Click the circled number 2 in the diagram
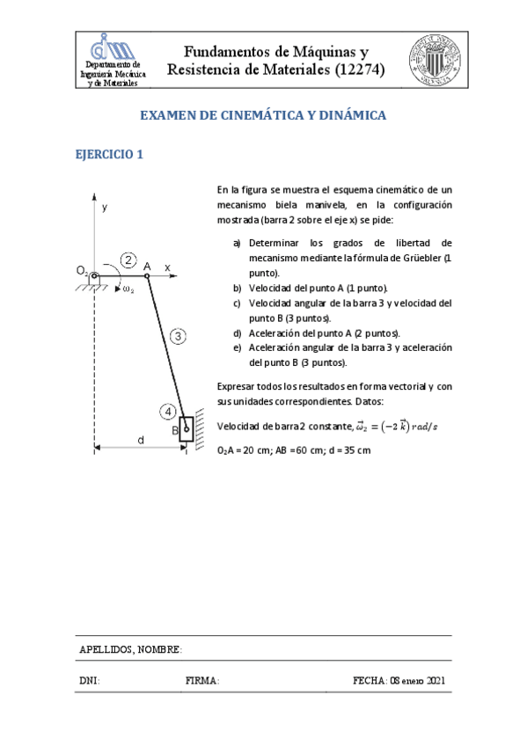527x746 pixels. (x=128, y=260)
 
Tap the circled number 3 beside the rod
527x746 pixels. (x=177, y=335)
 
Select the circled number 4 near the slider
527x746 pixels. (x=167, y=411)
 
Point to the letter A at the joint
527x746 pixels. (x=147, y=266)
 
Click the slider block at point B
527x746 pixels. (x=187, y=429)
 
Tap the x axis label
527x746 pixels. (x=167, y=266)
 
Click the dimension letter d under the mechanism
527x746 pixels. (x=141, y=439)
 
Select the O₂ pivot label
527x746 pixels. (x=82, y=272)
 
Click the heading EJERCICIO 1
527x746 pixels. (x=108, y=155)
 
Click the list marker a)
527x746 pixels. (x=237, y=242)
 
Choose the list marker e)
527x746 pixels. (x=237, y=347)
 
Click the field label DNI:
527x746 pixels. (x=89, y=681)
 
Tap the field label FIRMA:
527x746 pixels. (x=202, y=681)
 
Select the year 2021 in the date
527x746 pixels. (x=437, y=681)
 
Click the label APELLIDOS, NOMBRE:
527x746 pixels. (x=130, y=649)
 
